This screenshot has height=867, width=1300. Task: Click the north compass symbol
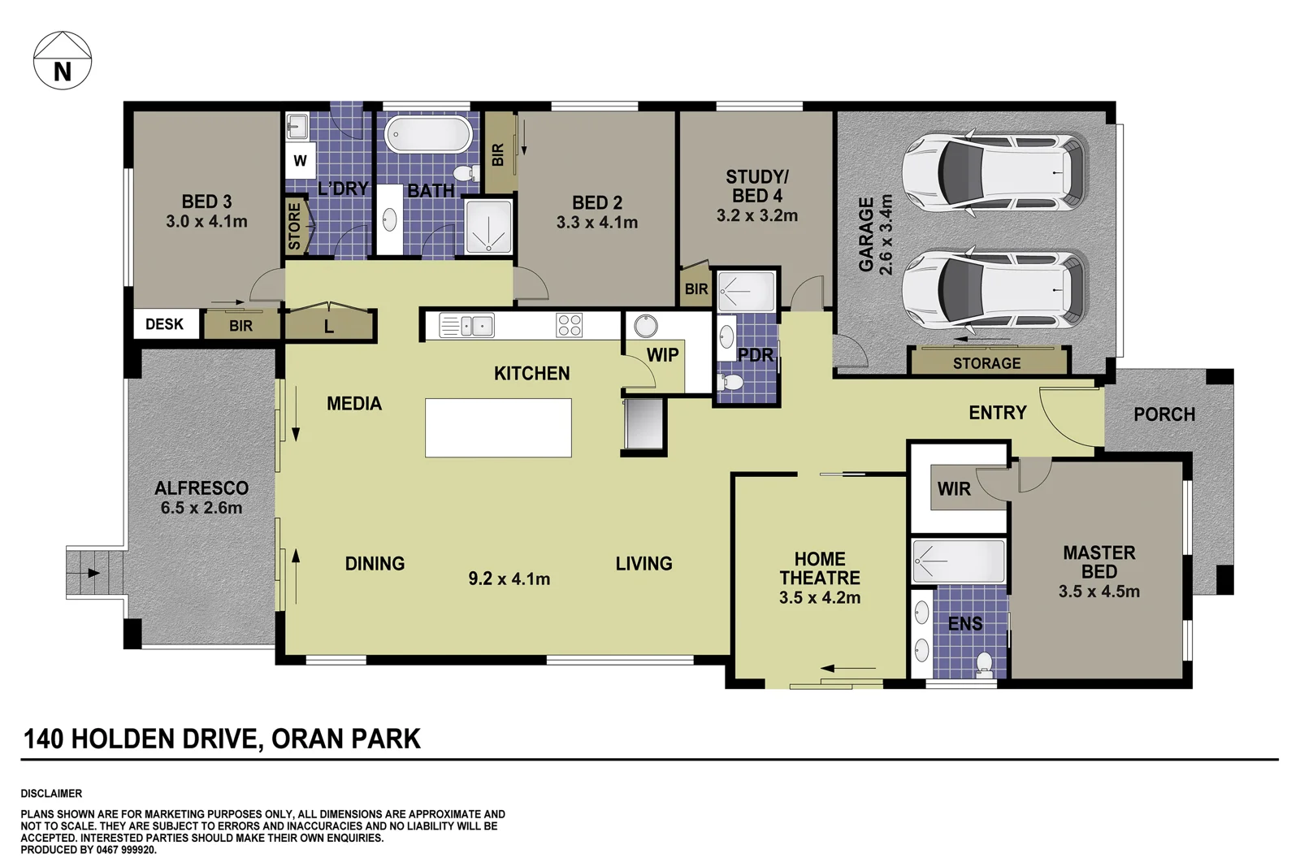63,61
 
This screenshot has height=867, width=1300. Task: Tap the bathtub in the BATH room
428,135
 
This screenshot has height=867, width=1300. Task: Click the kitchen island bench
498,427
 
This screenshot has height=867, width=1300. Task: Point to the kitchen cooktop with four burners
569,325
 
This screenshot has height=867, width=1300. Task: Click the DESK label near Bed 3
165,324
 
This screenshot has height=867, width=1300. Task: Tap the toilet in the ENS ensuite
984,664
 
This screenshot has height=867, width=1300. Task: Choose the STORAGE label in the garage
986,363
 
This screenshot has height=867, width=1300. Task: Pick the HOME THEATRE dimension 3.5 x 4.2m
819,598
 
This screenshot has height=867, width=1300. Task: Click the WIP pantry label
662,355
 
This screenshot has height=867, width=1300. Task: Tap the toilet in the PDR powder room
732,382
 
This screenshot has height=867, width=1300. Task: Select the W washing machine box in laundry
300,161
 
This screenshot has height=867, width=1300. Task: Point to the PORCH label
1163,414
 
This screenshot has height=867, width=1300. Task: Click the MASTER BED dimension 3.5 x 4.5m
1098,592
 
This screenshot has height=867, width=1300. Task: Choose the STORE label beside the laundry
294,226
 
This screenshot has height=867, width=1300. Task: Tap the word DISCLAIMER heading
51,793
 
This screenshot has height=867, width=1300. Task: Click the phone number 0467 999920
126,850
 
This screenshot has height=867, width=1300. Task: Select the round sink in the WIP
646,326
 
